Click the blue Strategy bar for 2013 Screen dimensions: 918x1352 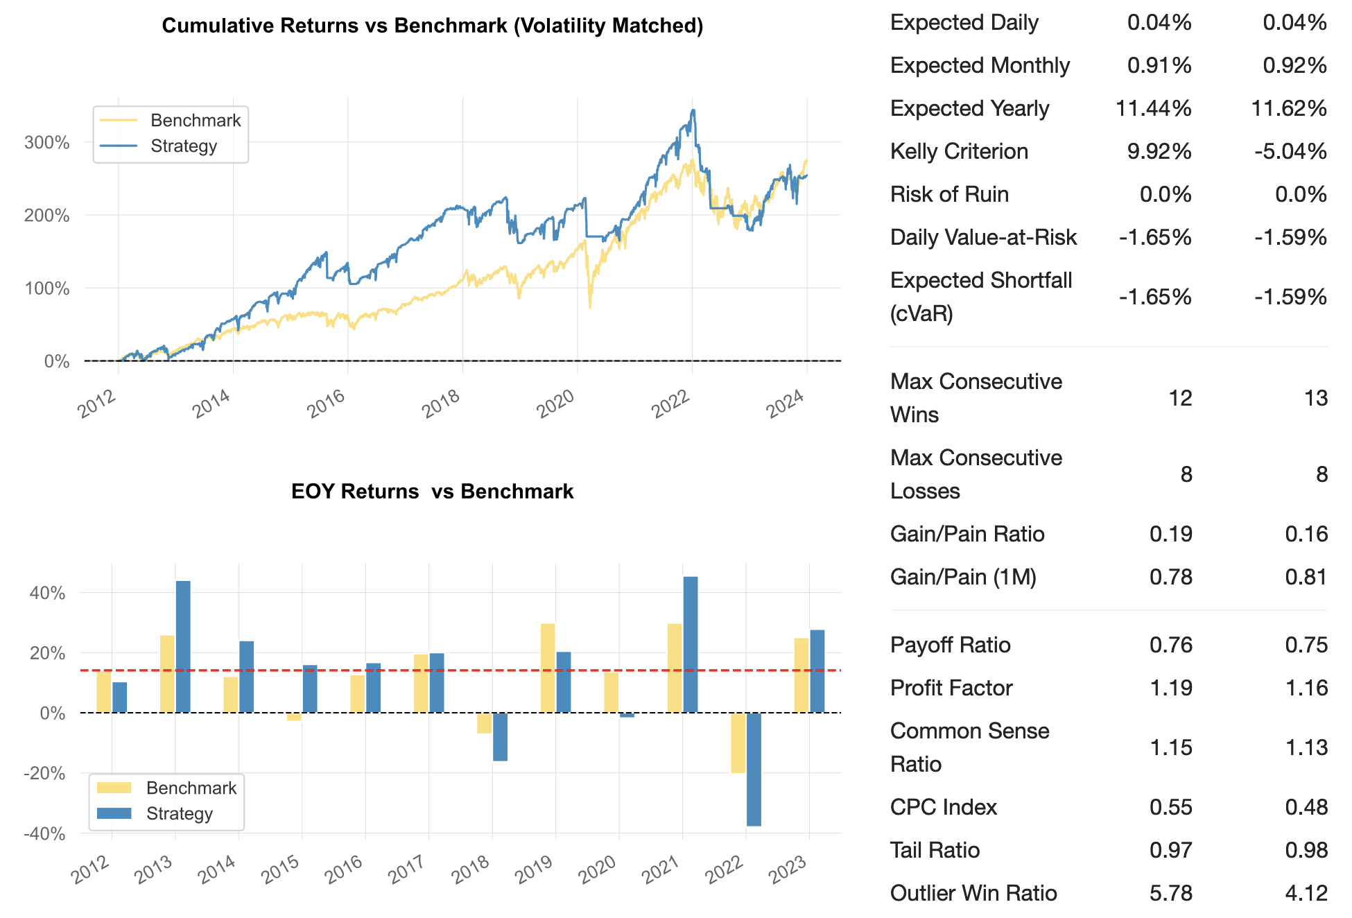click(x=183, y=646)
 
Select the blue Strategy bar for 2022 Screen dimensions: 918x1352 click(x=754, y=769)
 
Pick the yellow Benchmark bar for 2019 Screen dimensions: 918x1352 click(x=548, y=668)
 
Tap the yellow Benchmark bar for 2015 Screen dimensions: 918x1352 click(x=294, y=717)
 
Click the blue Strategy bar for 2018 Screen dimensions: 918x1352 click(x=500, y=736)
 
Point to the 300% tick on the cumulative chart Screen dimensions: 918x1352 click(x=47, y=143)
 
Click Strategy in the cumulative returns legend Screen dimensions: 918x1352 click(x=184, y=146)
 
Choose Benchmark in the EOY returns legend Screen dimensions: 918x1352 click(x=191, y=788)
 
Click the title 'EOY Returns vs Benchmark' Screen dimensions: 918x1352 click(x=432, y=492)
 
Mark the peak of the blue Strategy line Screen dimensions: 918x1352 click(x=693, y=110)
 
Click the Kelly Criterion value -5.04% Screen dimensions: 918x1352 click(x=1290, y=151)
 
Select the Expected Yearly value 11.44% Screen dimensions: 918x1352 click(x=1154, y=108)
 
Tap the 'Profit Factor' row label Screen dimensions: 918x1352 click(x=951, y=688)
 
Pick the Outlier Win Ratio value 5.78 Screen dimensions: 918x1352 click(x=1171, y=893)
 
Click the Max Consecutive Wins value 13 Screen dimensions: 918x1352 click(x=1315, y=398)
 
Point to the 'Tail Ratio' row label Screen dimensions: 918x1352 click(x=935, y=850)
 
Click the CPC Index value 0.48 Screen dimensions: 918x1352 click(x=1306, y=807)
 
